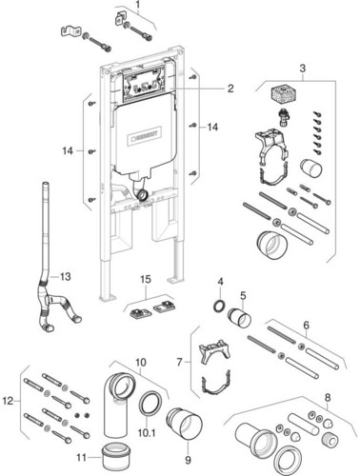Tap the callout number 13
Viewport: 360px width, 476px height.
65,277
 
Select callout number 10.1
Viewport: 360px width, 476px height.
147,432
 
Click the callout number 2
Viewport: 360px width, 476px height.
230,89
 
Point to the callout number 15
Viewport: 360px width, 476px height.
146,279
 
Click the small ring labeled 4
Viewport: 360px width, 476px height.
219,306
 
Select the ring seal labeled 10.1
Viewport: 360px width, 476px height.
150,404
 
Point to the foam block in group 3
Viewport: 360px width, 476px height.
283,93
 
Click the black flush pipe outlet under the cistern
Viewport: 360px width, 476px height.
142,195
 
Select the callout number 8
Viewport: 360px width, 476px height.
328,397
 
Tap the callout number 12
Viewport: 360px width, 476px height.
9,401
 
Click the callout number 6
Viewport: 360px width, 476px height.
306,325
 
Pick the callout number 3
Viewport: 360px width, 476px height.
303,68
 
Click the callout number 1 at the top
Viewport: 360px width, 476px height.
138,5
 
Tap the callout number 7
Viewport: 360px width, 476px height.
180,362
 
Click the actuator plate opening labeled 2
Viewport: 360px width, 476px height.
144,84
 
